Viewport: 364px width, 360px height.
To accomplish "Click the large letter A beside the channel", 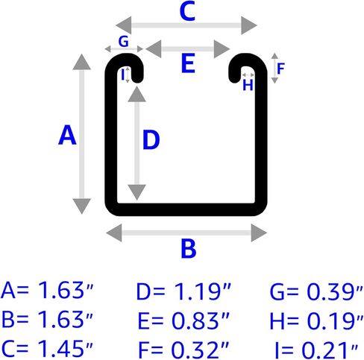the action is [67, 135].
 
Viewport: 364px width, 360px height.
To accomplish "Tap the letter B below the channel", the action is [189, 248].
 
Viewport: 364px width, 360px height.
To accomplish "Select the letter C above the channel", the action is [187, 11].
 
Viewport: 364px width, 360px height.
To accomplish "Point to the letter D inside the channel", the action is [151, 140].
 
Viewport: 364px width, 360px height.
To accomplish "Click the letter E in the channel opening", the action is [188, 63].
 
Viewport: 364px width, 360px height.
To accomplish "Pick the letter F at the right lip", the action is [280, 69].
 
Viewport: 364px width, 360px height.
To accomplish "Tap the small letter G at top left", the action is [124, 42].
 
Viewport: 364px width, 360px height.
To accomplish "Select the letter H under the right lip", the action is [248, 85].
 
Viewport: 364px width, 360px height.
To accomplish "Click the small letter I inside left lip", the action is [122, 75].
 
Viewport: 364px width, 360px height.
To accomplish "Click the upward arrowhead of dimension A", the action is [82, 62].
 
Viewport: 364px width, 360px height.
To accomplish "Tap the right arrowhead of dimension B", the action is [259, 233].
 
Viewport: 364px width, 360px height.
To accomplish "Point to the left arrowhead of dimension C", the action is [124, 25].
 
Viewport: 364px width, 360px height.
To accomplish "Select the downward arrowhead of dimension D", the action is [136, 192].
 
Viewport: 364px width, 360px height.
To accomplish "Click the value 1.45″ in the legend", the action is [66, 348].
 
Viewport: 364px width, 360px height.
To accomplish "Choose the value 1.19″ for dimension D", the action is [202, 291].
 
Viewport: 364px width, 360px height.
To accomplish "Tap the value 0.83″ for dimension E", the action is [201, 320].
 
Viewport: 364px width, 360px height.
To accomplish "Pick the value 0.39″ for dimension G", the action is [335, 291].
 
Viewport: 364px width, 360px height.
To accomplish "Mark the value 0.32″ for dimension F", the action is [200, 349].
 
